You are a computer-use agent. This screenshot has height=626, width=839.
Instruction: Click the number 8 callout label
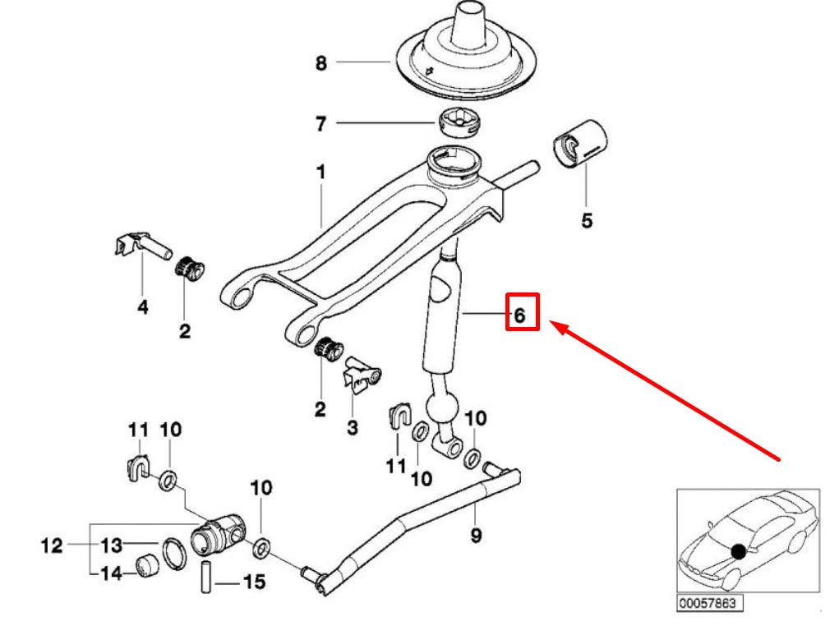point(320,62)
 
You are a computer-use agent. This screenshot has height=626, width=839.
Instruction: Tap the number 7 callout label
point(320,124)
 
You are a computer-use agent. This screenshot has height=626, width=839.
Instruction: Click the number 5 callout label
point(586,221)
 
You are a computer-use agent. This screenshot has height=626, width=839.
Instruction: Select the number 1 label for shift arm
point(320,173)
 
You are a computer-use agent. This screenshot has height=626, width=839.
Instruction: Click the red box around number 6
point(522,313)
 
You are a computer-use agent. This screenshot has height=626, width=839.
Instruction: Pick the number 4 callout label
point(143,308)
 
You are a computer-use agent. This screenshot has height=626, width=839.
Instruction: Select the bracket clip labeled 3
point(361,375)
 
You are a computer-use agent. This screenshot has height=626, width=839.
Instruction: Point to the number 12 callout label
point(52,545)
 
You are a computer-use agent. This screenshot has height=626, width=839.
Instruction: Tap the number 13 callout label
point(112,545)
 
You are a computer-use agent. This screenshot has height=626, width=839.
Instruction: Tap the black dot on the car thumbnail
point(739,551)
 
